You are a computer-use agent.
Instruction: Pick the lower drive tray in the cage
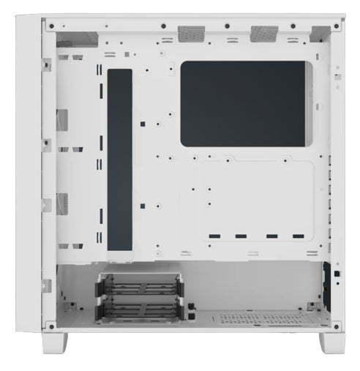click(137, 309)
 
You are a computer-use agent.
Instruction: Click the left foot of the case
click(57, 342)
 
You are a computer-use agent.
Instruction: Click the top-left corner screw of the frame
click(50, 24)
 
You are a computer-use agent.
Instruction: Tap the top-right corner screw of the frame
click(336, 24)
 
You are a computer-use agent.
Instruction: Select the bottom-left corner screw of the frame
click(50, 325)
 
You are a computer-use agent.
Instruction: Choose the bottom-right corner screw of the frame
click(336, 325)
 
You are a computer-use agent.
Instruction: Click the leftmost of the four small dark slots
click(213, 236)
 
